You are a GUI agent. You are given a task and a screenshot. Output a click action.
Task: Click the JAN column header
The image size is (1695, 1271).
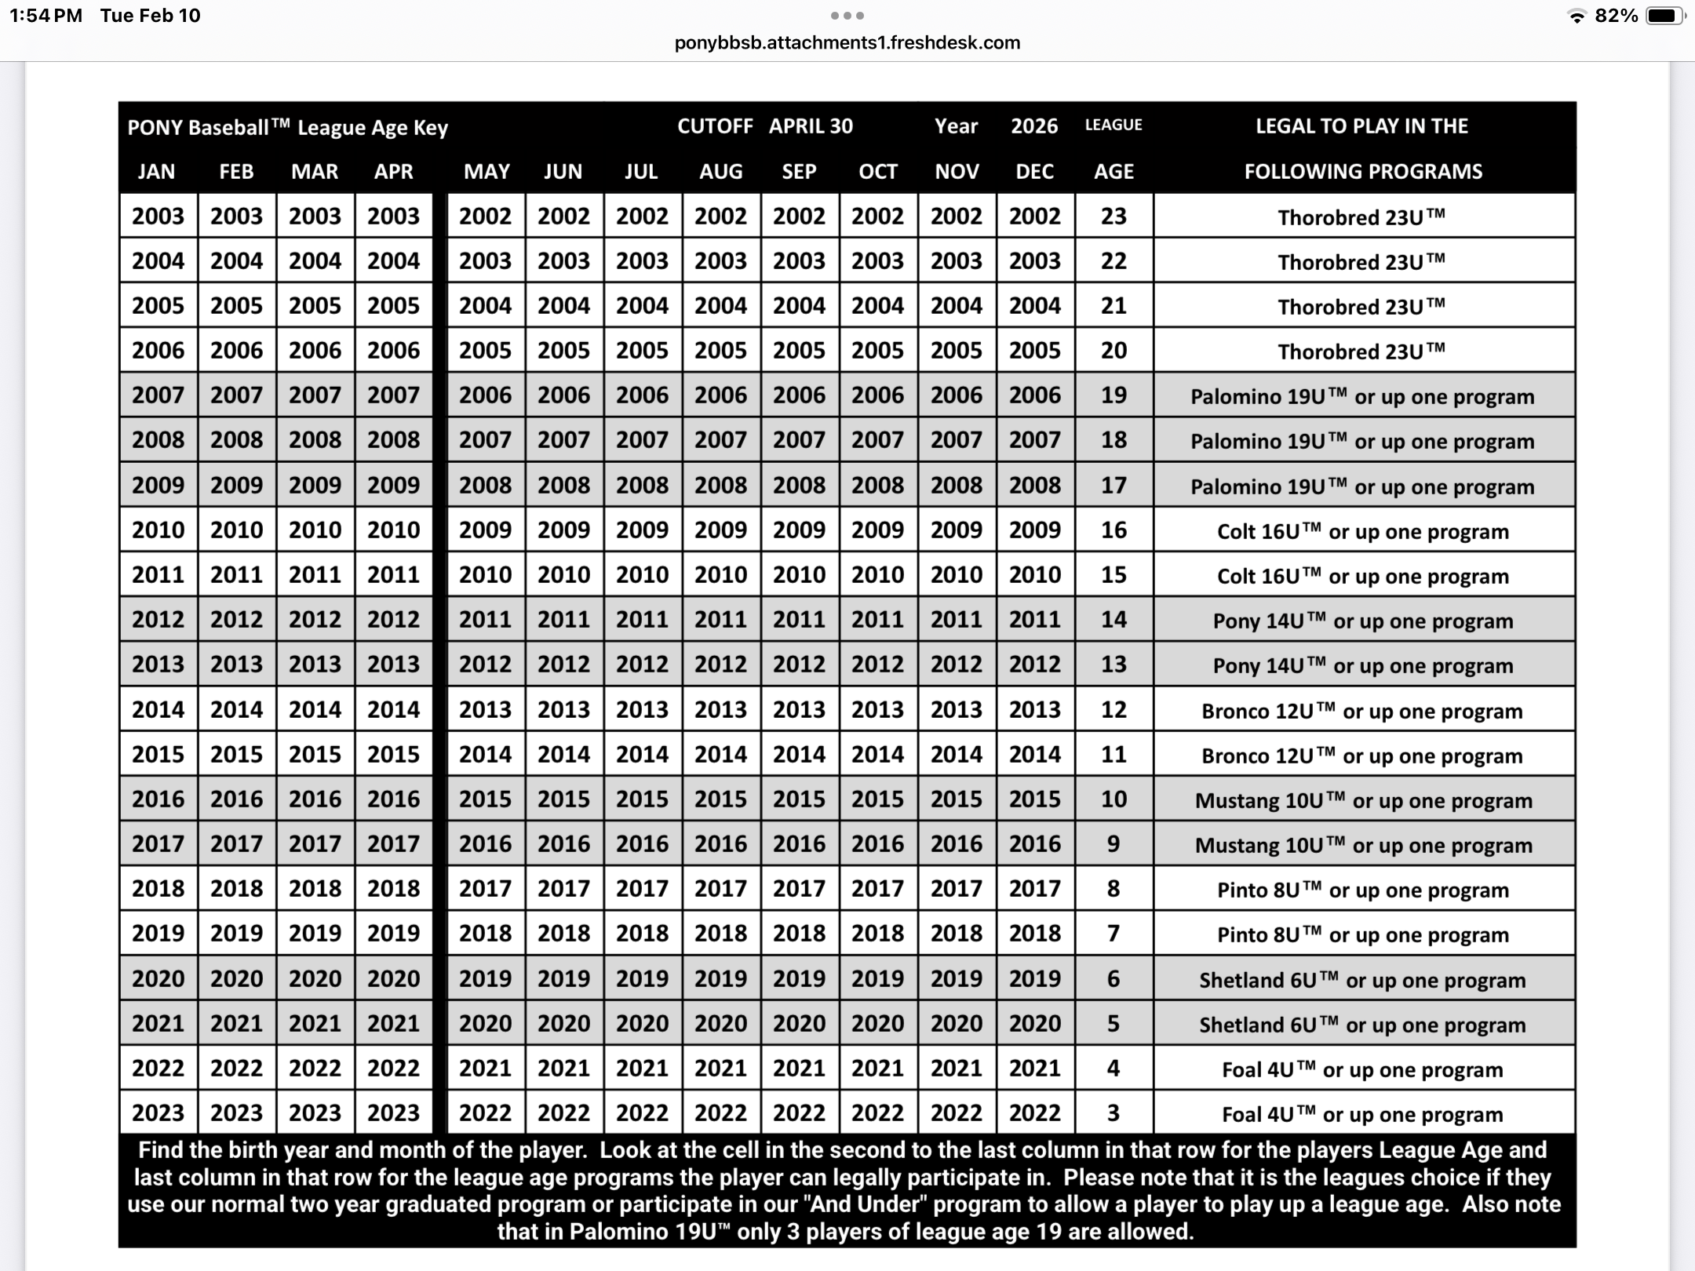[156, 172]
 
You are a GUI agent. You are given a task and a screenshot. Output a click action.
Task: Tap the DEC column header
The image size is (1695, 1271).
[1034, 172]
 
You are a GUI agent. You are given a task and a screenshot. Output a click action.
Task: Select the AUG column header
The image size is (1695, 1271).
[720, 172]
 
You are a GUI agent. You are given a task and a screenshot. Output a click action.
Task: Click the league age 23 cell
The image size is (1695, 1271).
[1114, 216]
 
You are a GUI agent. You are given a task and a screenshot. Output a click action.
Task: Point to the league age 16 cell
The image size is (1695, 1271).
[1114, 530]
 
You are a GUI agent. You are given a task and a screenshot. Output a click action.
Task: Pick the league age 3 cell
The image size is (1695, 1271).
[1114, 1113]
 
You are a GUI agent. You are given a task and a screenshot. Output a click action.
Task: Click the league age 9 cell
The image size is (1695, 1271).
[1114, 844]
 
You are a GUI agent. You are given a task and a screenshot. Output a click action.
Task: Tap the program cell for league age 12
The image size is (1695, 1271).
[1362, 711]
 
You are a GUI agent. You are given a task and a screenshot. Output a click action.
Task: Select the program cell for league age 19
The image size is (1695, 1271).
[1362, 396]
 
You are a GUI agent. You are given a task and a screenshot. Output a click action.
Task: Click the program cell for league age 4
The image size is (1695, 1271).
[1362, 1069]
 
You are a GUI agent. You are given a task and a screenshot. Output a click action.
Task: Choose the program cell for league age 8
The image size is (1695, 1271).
[1362, 890]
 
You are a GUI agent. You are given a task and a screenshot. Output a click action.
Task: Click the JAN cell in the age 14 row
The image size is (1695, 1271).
[158, 620]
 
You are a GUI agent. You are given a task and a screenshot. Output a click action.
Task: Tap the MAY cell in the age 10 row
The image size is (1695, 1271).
[485, 799]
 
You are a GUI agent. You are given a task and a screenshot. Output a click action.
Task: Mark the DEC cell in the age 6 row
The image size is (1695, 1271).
[1034, 978]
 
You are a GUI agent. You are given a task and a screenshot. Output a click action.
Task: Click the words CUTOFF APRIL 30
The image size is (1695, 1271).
[764, 126]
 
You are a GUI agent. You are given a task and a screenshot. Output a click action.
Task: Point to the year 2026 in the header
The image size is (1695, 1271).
[1033, 126]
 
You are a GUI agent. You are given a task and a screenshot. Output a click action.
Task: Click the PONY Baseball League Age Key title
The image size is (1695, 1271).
[287, 128]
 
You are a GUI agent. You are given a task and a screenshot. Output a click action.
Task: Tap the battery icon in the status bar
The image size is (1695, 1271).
[1664, 16]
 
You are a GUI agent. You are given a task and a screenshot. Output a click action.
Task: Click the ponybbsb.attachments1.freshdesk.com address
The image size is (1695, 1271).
[847, 43]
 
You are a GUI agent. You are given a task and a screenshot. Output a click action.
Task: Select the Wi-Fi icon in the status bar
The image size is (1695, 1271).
[1576, 16]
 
